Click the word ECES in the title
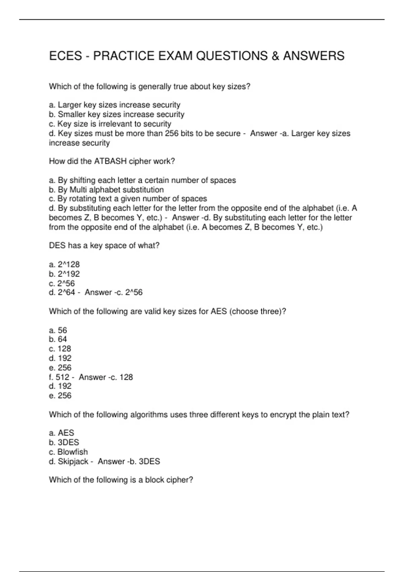65,56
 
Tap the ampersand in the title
275,56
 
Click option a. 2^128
64,264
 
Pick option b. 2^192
64,274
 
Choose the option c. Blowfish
68,452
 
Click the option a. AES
62,433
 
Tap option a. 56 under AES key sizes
58,330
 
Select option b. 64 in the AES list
58,339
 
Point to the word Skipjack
73,461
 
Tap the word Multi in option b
78,190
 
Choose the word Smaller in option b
70,114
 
